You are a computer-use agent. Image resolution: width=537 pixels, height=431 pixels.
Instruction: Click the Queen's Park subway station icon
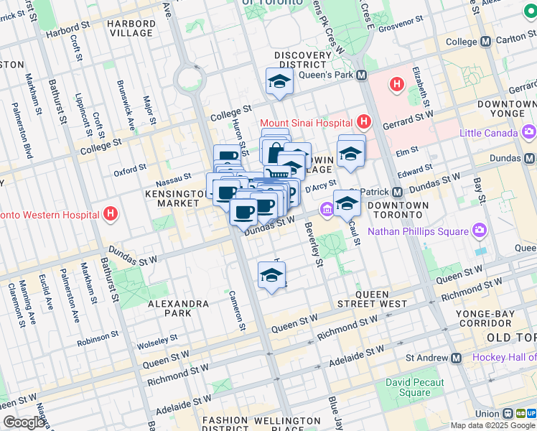tap(361, 75)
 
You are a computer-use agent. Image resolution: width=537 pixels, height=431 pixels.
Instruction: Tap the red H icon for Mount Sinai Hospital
tap(365, 123)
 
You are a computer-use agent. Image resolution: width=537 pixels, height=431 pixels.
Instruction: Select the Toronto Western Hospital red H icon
tap(110, 214)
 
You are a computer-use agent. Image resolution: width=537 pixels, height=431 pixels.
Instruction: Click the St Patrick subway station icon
tap(396, 193)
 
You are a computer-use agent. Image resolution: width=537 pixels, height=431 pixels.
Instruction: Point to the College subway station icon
tap(486, 42)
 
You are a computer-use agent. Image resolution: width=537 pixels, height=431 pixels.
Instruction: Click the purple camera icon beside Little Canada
tap(529, 132)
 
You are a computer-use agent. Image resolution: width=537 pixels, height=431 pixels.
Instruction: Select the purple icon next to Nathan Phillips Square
tap(480, 231)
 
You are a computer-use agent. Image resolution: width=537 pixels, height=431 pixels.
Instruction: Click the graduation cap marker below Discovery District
tap(279, 83)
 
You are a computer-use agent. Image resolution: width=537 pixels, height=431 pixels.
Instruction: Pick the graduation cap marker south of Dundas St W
tap(271, 275)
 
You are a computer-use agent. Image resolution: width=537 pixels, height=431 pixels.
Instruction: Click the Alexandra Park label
tap(178, 308)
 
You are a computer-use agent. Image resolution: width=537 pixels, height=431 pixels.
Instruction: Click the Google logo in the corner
tap(24, 422)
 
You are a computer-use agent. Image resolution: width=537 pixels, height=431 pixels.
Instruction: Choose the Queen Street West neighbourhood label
tap(383, 300)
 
